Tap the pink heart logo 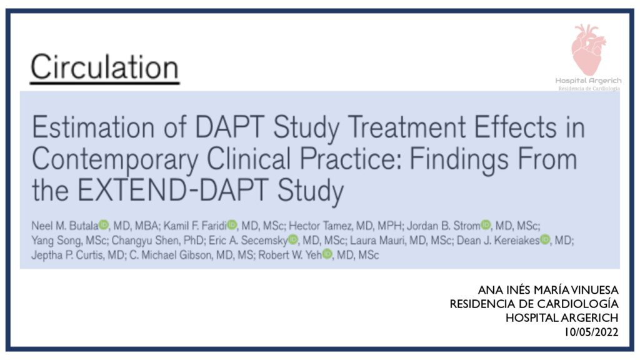pos(588,49)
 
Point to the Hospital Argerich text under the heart pos(588,81)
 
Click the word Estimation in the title pos(93,127)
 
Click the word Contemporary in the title pos(115,159)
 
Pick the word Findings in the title pos(459,159)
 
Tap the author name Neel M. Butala pos(65,226)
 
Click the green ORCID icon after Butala pos(104,224)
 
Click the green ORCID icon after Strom pos(486,224)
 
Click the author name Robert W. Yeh pos(290,255)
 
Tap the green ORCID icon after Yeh pos(327,254)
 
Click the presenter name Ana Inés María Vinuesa pos(548,290)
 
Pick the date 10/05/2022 pos(591,332)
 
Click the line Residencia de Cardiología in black pos(534,304)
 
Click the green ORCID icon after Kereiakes pos(545,239)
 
